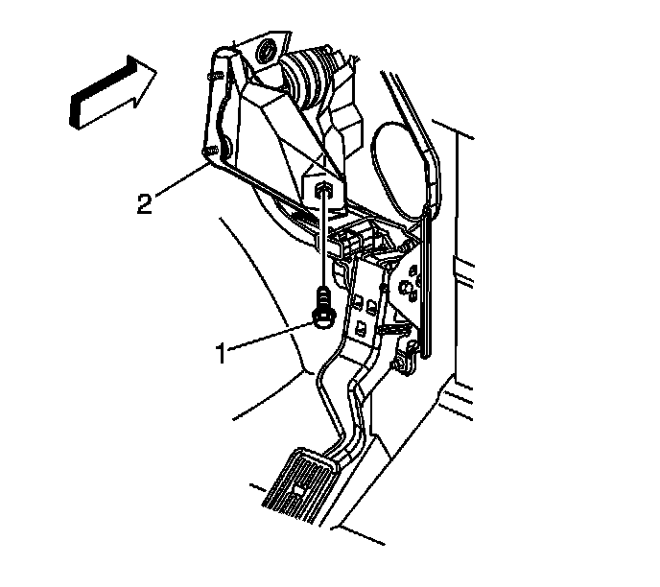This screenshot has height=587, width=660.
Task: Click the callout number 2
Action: pos(143,204)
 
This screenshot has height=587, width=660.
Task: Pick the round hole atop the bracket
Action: pos(265,48)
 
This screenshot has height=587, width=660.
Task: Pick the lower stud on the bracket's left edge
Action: pos(208,151)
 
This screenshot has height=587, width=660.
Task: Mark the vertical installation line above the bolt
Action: pos(326,245)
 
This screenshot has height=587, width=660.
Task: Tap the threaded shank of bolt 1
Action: pos(325,295)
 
